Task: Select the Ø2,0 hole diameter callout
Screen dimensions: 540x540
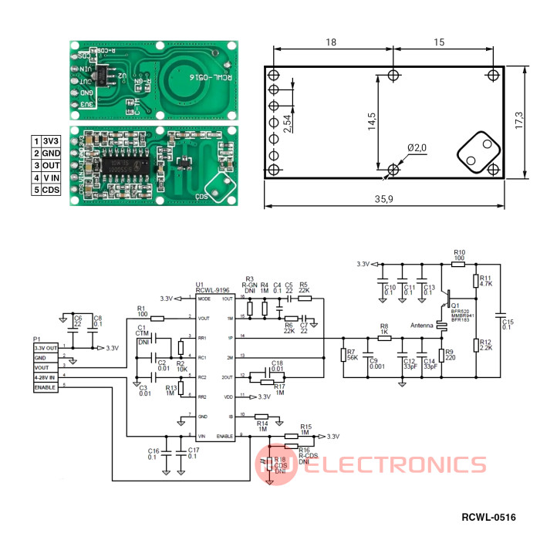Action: [x=417, y=147]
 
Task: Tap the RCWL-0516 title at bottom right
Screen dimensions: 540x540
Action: [x=488, y=517]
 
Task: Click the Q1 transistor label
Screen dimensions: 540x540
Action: [x=455, y=305]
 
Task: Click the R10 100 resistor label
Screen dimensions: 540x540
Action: [x=459, y=255]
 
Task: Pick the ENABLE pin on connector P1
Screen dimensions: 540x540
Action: [x=46, y=387]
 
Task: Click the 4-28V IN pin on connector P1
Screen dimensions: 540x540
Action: [x=46, y=377]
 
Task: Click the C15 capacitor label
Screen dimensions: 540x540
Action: [x=507, y=323]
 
